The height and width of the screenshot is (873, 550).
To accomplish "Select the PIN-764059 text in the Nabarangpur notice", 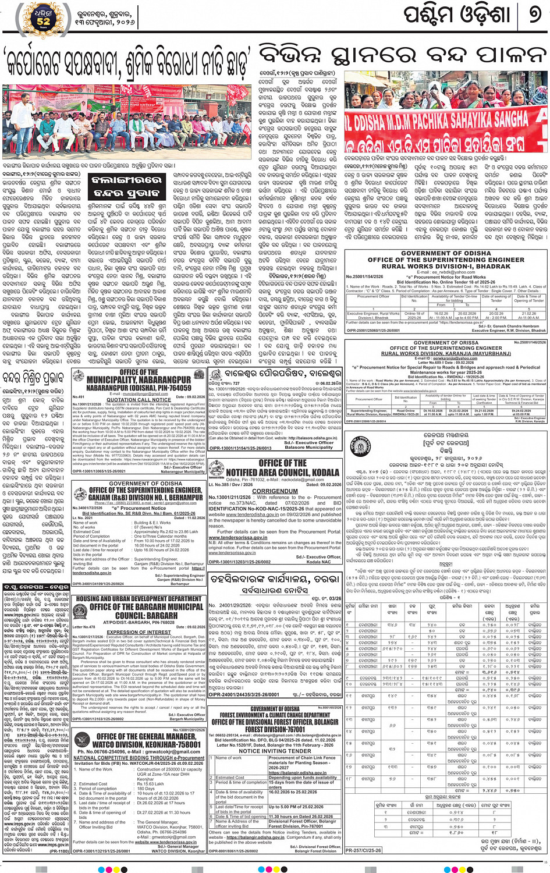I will click(171, 388).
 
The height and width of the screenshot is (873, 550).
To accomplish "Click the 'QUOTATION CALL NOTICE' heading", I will click(139, 400).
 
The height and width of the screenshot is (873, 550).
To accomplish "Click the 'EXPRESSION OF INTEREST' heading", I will click(139, 632).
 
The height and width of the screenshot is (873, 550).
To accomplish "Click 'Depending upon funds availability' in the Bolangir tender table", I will click(303, 777).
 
